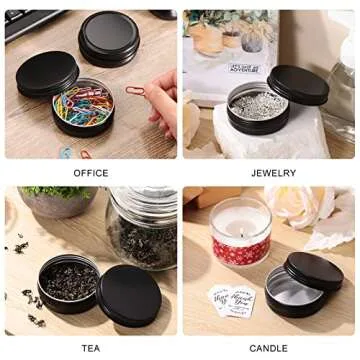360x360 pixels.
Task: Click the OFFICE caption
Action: (90, 173)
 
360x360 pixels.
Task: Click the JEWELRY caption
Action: (273, 173)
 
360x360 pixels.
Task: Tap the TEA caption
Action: (90, 348)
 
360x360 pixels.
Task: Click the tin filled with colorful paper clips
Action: (82, 108)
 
